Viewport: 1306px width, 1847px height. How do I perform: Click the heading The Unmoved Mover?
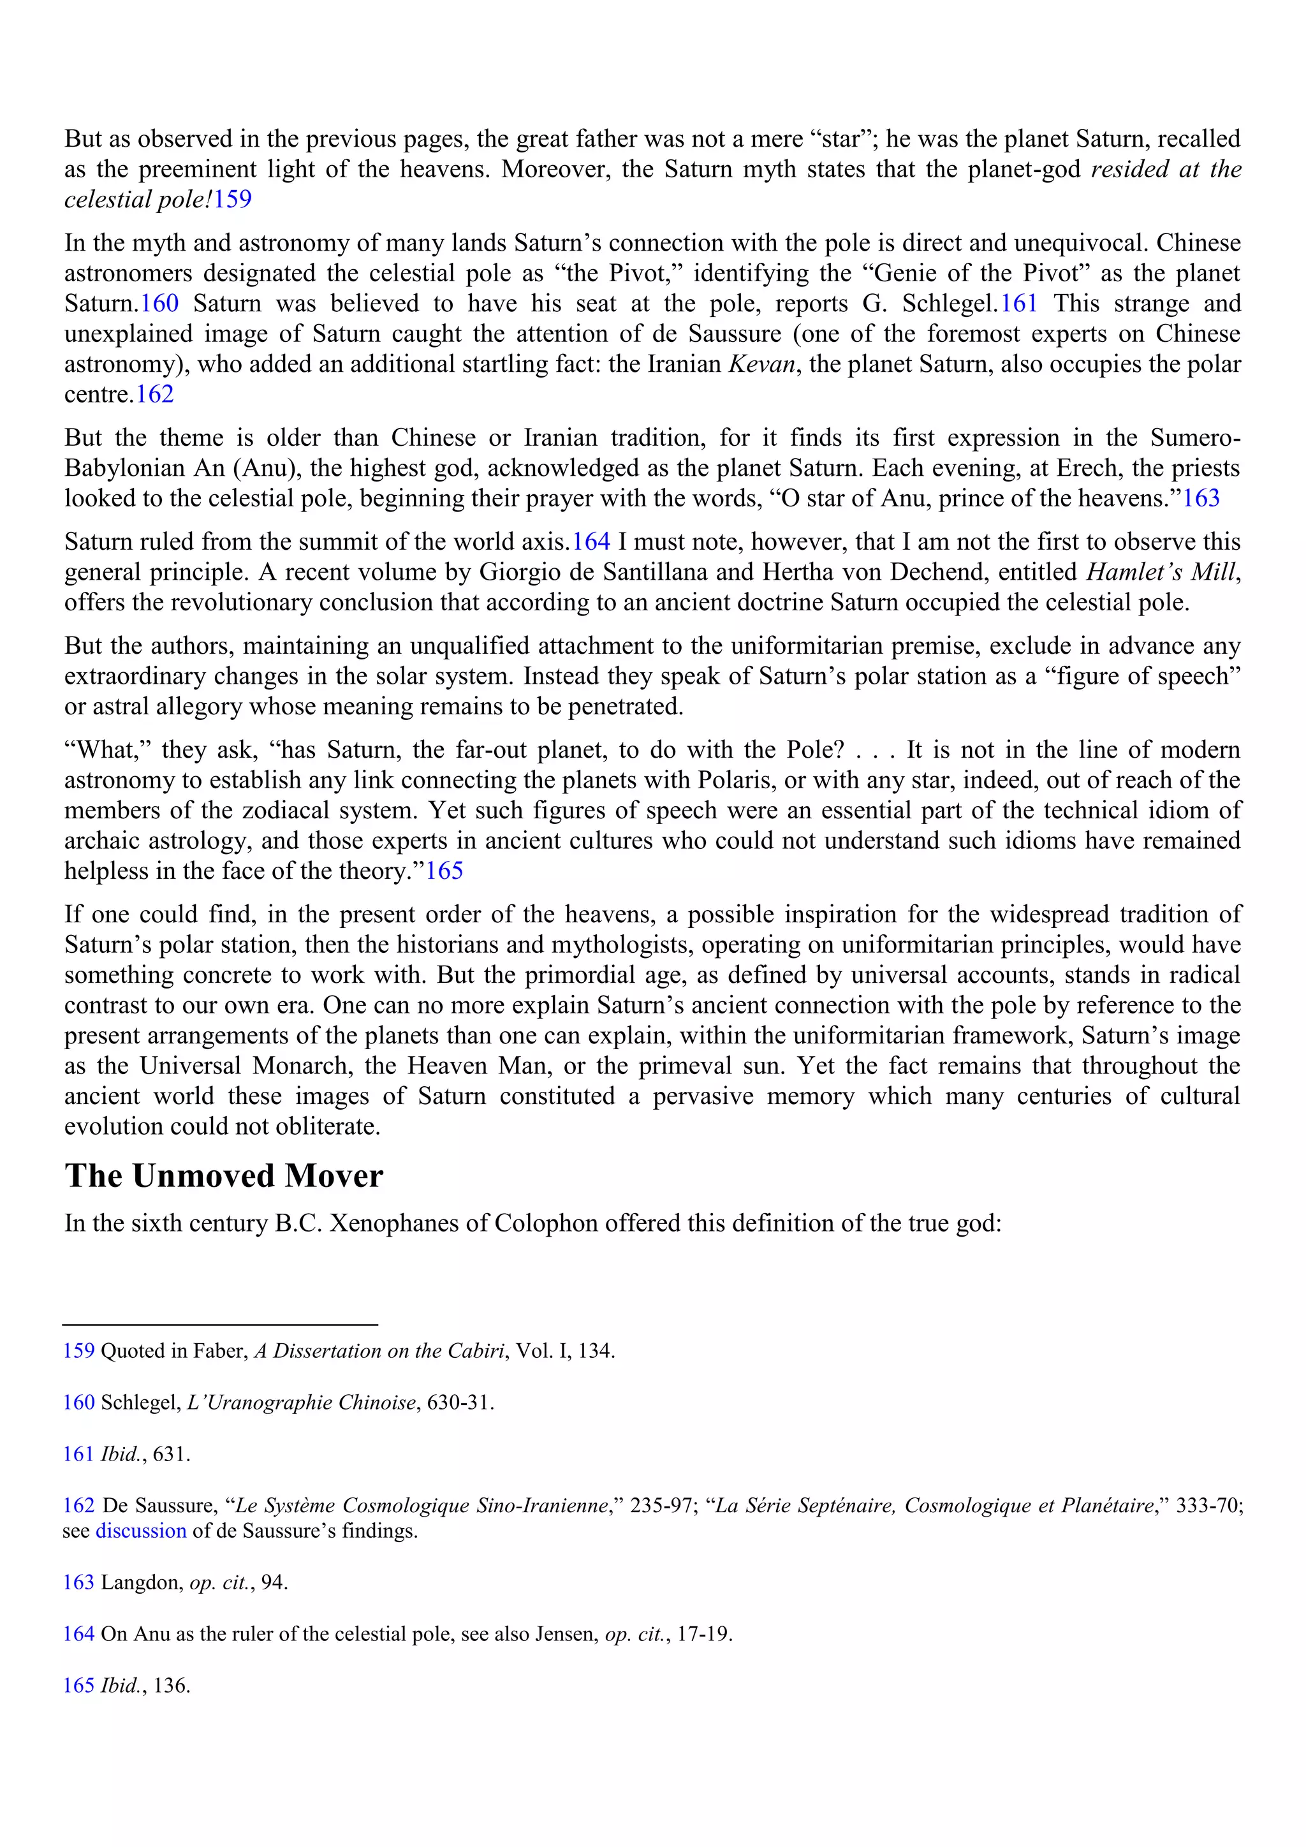coord(224,1176)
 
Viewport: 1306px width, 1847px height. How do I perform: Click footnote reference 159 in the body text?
coord(232,200)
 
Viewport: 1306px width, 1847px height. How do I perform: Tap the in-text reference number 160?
coord(160,304)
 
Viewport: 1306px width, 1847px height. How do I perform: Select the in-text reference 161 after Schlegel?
coord(1019,304)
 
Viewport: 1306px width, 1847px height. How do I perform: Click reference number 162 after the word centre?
coord(155,394)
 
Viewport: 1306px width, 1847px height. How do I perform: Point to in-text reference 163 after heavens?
coord(1201,498)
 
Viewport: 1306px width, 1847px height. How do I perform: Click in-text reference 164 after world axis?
coord(591,541)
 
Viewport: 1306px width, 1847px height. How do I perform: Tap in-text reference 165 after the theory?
coord(444,871)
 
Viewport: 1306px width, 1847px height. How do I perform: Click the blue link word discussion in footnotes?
coord(141,1531)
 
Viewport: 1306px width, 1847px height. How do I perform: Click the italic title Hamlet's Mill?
coord(1161,572)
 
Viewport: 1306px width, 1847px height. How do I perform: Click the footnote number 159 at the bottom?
coord(79,1351)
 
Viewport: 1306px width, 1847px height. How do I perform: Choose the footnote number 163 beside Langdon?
coord(79,1582)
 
